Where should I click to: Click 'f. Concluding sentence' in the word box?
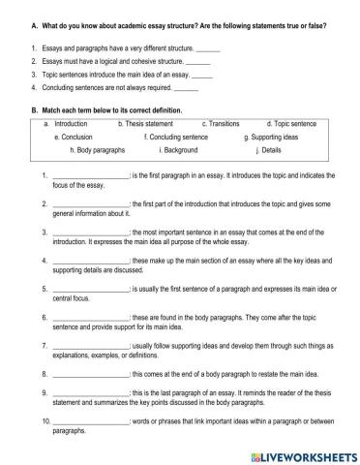coord(175,138)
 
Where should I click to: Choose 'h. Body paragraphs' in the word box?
coord(103,150)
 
